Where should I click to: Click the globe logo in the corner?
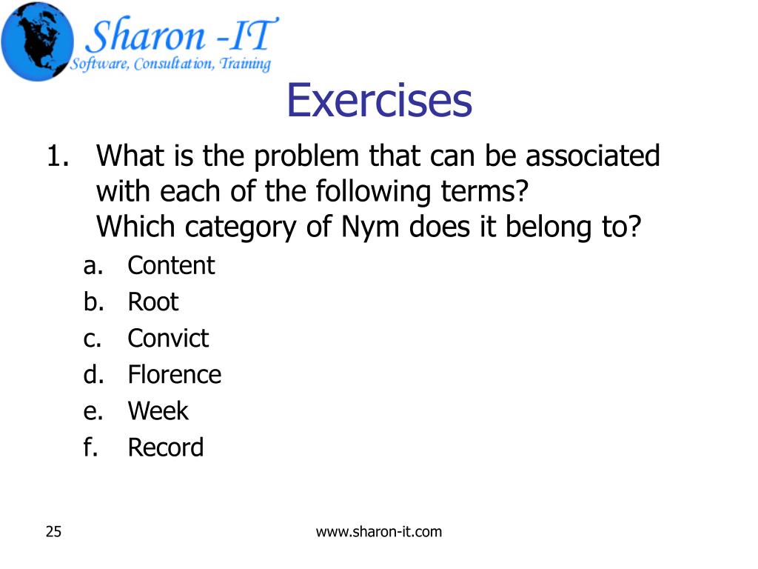(37, 41)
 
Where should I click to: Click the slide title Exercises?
(379, 102)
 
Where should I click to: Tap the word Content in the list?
(171, 265)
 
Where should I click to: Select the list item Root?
(153, 302)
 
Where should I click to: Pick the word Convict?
(168, 338)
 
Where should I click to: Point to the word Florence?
(174, 374)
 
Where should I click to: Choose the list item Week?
(158, 410)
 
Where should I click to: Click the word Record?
(165, 447)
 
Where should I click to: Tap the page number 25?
(53, 531)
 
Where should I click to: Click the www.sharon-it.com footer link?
(378, 531)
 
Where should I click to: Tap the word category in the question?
(243, 227)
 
